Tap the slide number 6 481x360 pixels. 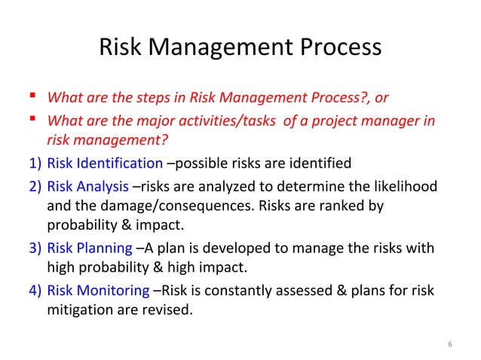click(x=449, y=345)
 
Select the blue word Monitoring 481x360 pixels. click(x=112, y=291)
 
